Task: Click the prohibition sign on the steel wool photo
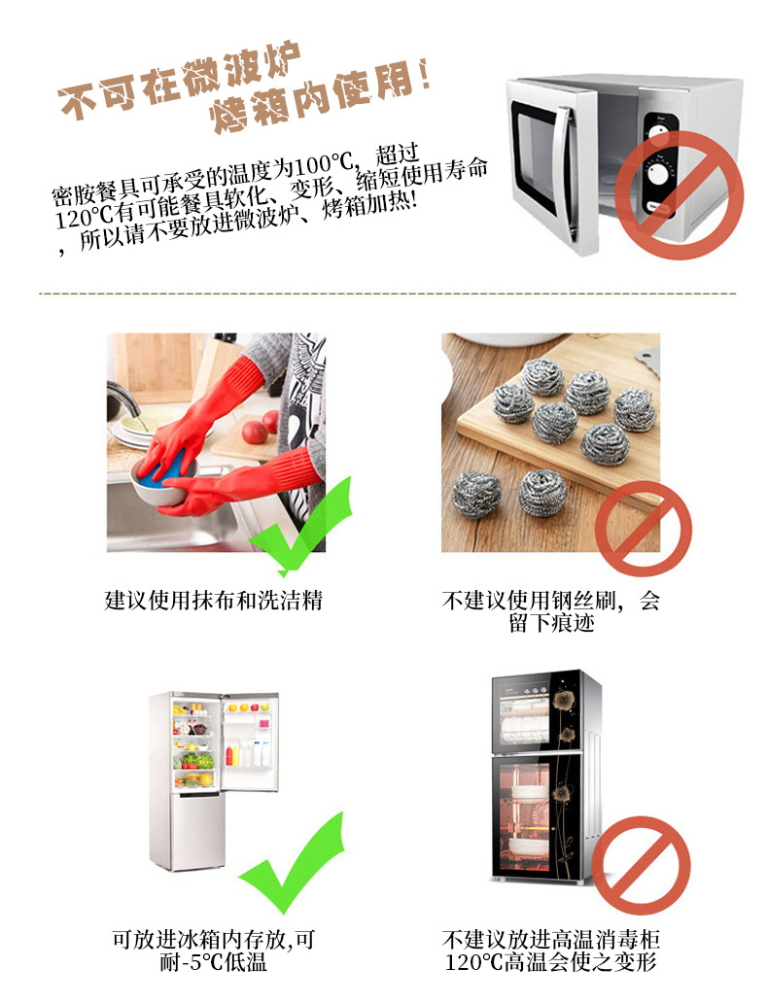coord(643,529)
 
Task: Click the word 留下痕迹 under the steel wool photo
coord(551,623)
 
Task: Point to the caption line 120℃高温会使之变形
coord(551,963)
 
